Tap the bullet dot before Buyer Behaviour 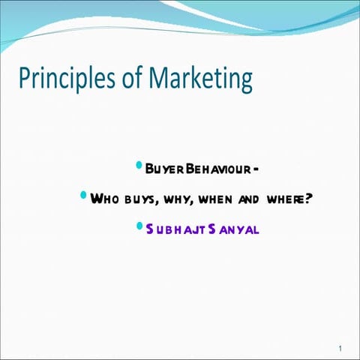[138, 164]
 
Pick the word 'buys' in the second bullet [136, 199]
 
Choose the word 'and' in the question [248, 199]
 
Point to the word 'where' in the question [284, 199]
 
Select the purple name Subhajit [172, 229]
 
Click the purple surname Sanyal [232, 229]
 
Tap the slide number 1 [340, 349]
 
